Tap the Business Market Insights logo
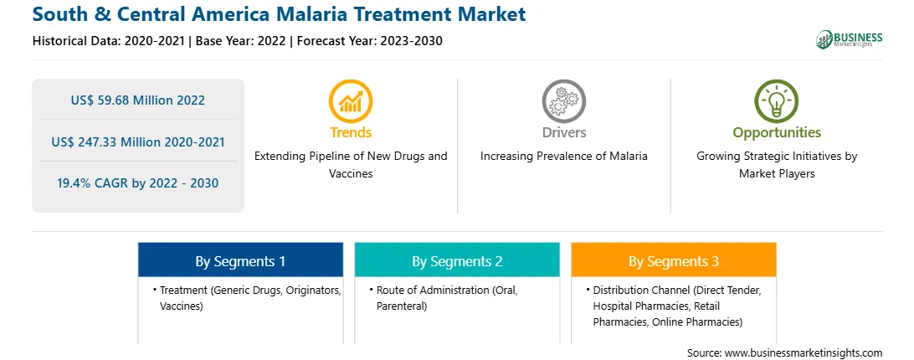(x=849, y=39)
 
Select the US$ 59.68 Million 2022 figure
(x=137, y=100)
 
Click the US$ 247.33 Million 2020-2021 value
(x=137, y=141)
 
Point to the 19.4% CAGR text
(x=137, y=183)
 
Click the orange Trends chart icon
(x=351, y=101)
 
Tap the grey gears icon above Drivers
(x=563, y=101)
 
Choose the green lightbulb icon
(x=777, y=101)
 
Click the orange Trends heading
(x=351, y=132)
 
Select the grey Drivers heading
(x=563, y=132)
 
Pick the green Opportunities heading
(x=777, y=133)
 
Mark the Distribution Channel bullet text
(x=677, y=306)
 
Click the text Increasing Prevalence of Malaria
(x=563, y=157)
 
